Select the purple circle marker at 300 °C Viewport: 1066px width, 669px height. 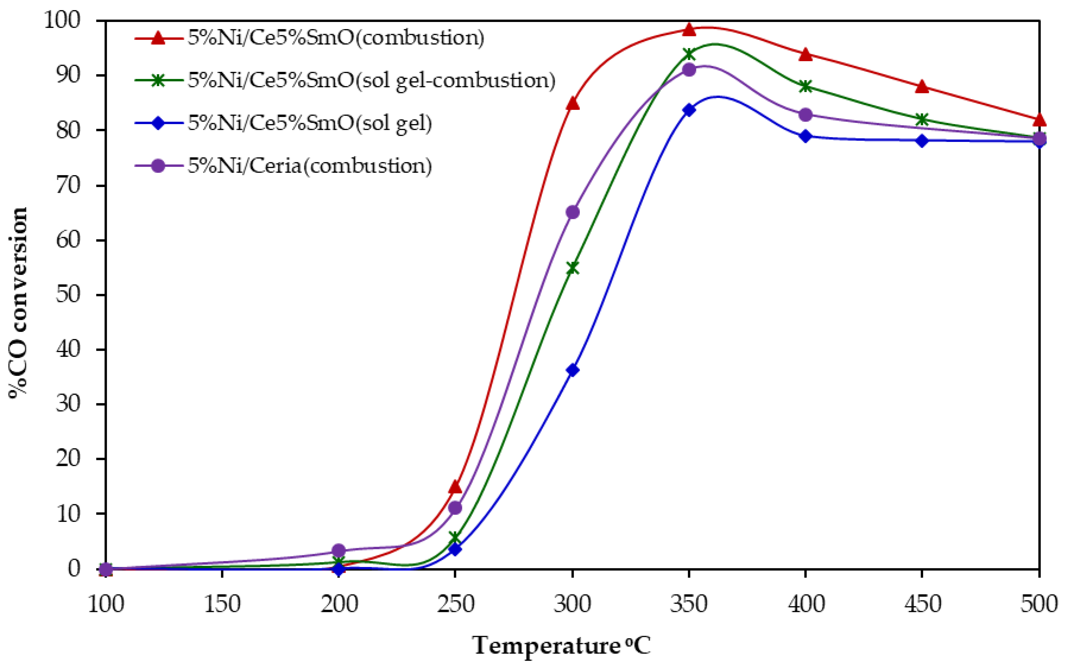[572, 212]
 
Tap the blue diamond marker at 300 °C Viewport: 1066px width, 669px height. [572, 370]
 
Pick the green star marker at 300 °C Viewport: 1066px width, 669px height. [572, 268]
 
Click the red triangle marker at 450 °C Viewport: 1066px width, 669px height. [922, 87]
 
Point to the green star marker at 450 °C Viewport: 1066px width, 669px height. [922, 119]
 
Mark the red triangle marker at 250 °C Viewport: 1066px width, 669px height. [455, 487]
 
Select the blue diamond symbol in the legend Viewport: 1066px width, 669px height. [158, 123]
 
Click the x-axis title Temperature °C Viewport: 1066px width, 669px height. [561, 646]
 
